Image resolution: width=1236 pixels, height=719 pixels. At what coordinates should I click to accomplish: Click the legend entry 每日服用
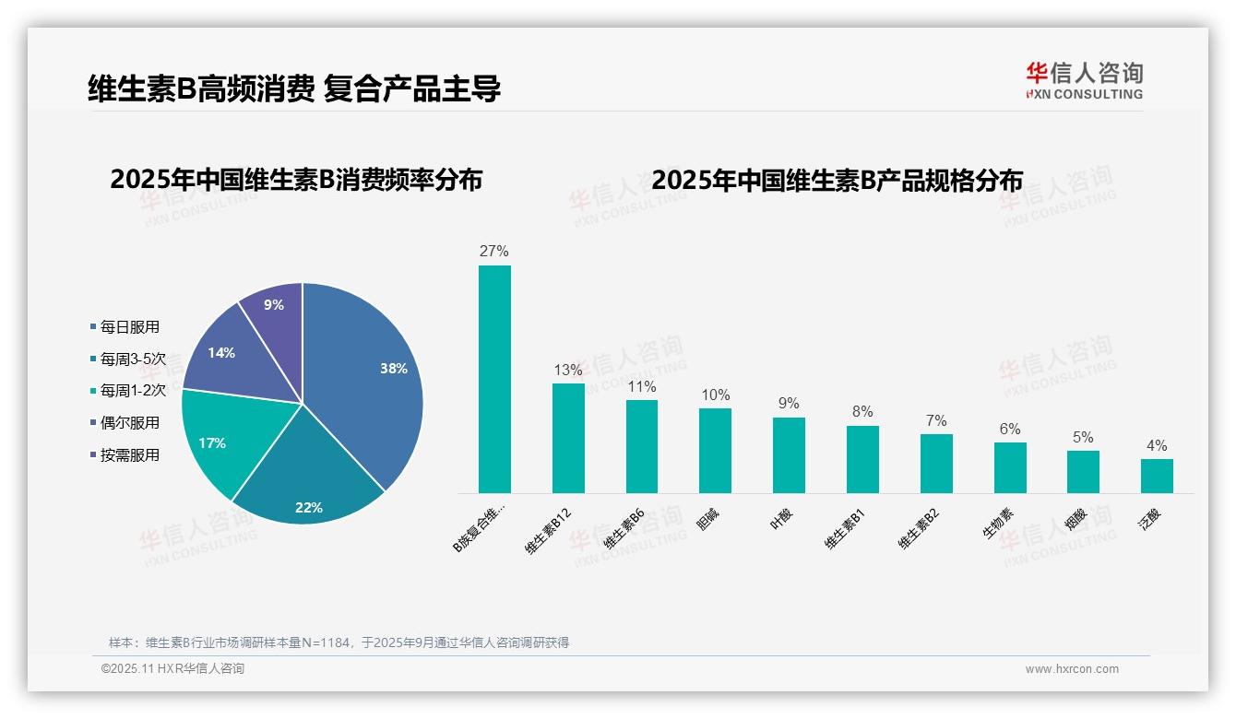pos(129,327)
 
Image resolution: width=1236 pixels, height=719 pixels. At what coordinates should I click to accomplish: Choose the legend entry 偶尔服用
pos(129,423)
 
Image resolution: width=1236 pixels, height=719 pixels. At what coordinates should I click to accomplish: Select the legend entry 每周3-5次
pos(133,359)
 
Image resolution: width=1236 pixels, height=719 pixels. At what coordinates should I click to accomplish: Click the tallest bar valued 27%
pos(494,379)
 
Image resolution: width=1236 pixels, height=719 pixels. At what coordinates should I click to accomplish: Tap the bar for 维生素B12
pos(568,438)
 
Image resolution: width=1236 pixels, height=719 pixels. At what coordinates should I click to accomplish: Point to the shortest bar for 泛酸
pos(1157,476)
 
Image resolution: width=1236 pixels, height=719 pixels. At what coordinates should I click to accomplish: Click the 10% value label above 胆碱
pos(715,395)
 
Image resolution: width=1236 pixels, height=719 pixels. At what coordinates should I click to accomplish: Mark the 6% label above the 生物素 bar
pos(1010,430)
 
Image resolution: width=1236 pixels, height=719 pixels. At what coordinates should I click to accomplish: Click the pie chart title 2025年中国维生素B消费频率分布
pos(296,180)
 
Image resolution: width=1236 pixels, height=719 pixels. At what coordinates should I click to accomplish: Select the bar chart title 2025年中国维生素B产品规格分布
pos(837,181)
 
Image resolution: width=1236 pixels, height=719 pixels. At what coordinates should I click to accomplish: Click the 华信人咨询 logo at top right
pos(1084,80)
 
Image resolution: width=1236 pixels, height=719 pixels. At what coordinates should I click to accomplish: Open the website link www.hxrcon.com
pos(1072,669)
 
